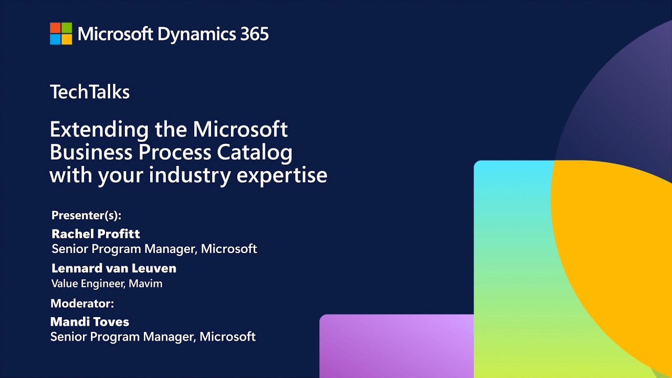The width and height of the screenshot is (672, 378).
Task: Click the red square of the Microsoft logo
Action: pyautogui.click(x=55, y=28)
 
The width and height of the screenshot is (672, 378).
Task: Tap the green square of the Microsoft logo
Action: pyautogui.click(x=67, y=28)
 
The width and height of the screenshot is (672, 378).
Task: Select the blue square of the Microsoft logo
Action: pyautogui.click(x=55, y=39)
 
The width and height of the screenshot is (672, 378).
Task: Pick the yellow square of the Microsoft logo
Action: pyautogui.click(x=67, y=39)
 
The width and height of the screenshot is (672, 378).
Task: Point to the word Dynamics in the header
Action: pyautogui.click(x=197, y=35)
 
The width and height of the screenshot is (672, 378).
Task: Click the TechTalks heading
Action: pyautogui.click(x=90, y=91)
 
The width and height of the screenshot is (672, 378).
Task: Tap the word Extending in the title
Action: pyautogui.click(x=99, y=130)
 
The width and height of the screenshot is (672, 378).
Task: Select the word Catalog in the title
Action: pyautogui.click(x=255, y=153)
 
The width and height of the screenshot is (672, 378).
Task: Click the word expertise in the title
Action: pyautogui.click(x=282, y=176)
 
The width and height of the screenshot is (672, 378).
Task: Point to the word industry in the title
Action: pyautogui.click(x=190, y=176)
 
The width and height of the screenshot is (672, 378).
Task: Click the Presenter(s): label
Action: pyautogui.click(x=87, y=215)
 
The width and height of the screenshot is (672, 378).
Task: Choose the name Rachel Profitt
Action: pyautogui.click(x=96, y=234)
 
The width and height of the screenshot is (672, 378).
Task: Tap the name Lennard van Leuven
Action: pyautogui.click(x=114, y=268)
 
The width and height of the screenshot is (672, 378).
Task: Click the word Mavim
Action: pyautogui.click(x=145, y=283)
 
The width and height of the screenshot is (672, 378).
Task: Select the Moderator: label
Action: pyautogui.click(x=82, y=303)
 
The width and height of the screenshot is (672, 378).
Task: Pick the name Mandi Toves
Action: pyautogui.click(x=90, y=322)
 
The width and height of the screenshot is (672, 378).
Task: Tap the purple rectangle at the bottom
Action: pyautogui.click(x=396, y=346)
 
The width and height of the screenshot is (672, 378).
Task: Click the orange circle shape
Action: pyautogui.click(x=615, y=240)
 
